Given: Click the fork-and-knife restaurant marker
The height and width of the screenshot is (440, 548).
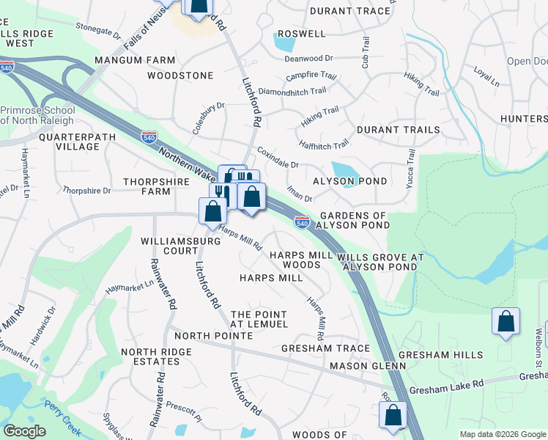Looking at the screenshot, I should tap(222, 194).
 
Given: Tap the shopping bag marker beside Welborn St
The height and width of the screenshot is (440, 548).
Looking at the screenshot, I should tap(506, 321).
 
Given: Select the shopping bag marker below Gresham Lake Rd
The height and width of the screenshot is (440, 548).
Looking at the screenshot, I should tap(393, 415).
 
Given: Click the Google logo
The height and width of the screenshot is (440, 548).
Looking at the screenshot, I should tap(24, 431).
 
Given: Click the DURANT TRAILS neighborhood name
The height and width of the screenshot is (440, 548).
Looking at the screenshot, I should tap(398, 130).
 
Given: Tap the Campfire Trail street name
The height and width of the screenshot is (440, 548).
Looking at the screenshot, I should tap(311, 76).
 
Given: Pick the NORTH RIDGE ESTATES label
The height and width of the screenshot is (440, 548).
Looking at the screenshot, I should tap(151, 357).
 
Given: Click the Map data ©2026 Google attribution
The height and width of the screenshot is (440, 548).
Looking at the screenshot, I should tap(503, 434).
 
